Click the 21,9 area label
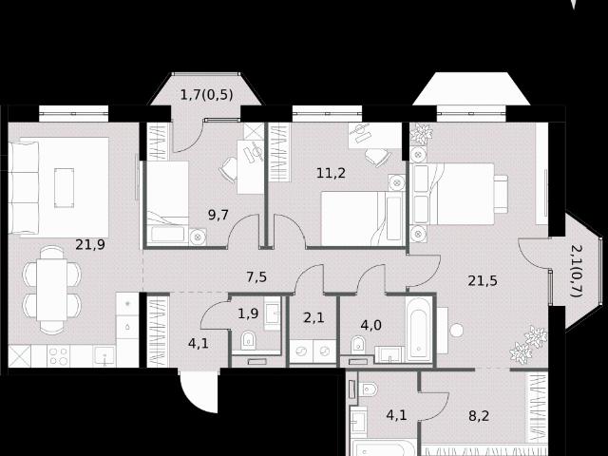click(x=89, y=244)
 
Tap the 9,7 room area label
click(x=218, y=215)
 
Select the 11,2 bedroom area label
click(x=331, y=172)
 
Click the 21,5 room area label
click(x=483, y=280)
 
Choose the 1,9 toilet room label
click(x=248, y=313)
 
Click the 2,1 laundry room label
click(x=314, y=318)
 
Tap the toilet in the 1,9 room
click(x=250, y=339)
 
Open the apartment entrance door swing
click(x=198, y=390)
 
